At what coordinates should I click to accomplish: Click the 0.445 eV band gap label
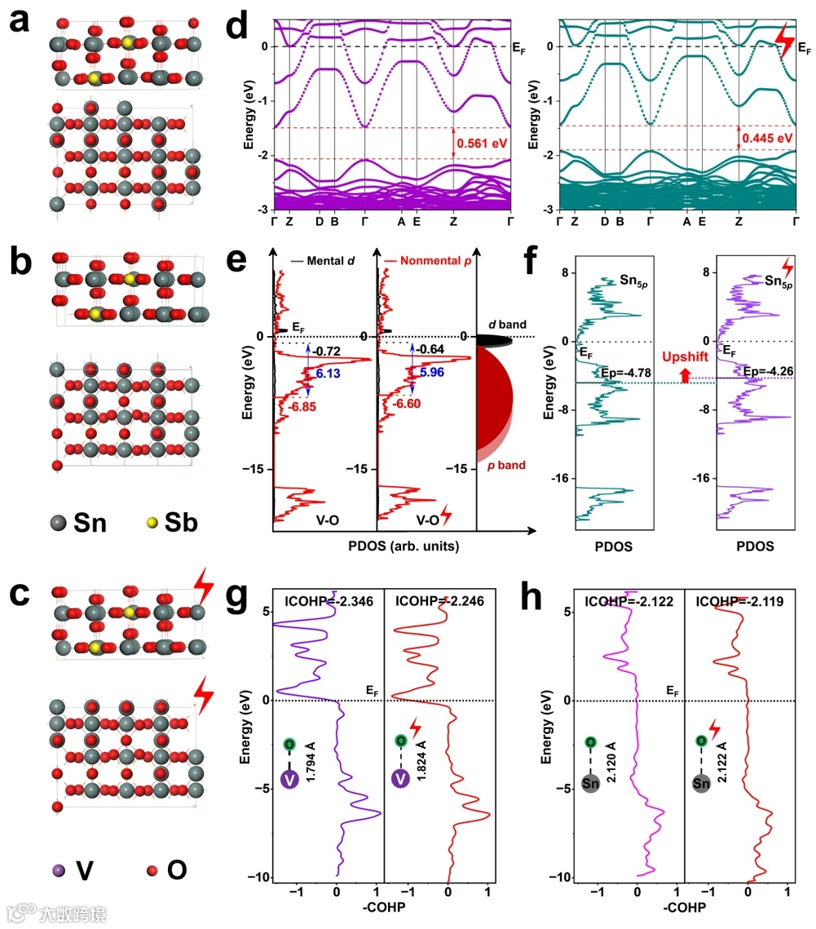click(768, 139)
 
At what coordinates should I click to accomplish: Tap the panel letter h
click(534, 600)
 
